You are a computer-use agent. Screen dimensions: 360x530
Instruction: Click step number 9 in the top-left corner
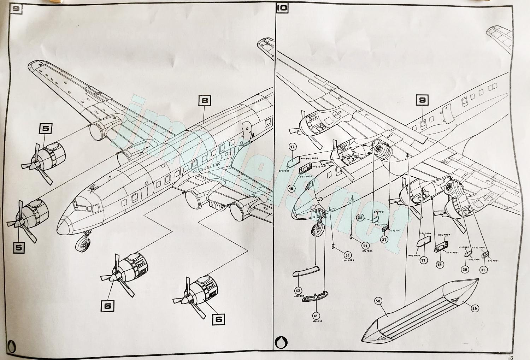[x=16, y=8]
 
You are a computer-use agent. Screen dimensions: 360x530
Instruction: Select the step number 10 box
[x=282, y=8]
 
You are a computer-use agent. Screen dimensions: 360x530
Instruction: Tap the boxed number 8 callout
[x=205, y=101]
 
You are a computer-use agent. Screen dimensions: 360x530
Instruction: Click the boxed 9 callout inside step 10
[x=422, y=100]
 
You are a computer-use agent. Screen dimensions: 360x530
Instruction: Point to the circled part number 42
[x=298, y=291]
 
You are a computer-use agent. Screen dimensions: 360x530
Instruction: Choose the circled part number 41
[x=316, y=315]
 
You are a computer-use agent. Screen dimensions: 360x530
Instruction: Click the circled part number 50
[x=378, y=301]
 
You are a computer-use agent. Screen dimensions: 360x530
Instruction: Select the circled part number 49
[x=474, y=308]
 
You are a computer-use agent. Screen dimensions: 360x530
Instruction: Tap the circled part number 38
[x=360, y=218]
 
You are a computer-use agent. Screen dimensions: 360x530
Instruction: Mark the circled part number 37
[x=384, y=240]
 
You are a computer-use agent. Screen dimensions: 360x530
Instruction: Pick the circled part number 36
[x=465, y=270]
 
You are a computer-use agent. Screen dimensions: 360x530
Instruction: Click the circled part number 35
[x=483, y=270]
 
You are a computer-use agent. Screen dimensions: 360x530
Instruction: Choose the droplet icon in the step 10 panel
[x=282, y=342]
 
